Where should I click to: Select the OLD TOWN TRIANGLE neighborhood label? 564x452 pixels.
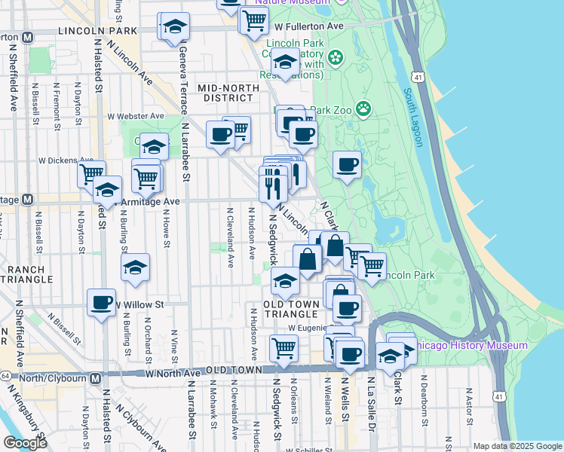(294, 309)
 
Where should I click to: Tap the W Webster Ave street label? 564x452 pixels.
(136, 116)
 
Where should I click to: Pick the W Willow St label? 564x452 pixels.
(139, 304)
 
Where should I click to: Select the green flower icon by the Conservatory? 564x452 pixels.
(334, 56)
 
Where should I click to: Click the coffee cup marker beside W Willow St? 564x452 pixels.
(101, 303)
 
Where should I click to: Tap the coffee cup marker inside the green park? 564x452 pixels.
(347, 164)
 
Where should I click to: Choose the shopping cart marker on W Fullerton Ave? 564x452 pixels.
(254, 20)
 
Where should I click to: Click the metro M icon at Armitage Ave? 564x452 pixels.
(28, 200)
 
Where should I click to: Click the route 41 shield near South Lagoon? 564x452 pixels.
(417, 77)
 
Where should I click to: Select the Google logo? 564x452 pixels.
(25, 443)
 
